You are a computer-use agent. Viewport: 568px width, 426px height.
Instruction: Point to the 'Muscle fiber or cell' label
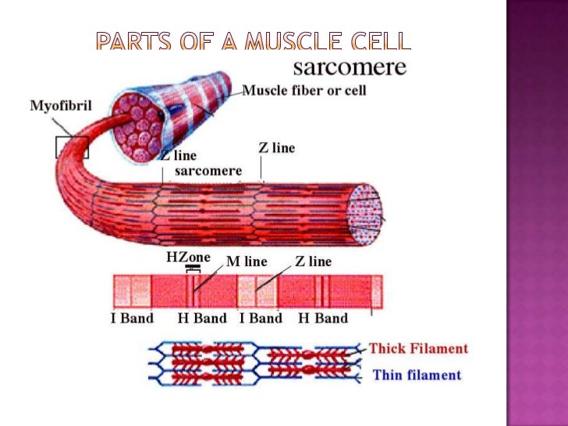pos(304,91)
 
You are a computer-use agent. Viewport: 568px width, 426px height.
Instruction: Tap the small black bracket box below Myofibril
pos(72,146)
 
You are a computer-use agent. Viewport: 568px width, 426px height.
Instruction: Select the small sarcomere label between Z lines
pos(208,170)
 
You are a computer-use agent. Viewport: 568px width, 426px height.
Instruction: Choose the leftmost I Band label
pos(131,318)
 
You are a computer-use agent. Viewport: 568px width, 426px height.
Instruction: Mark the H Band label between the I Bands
pos(202,318)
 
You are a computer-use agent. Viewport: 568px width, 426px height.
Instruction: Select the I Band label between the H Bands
pos(261,318)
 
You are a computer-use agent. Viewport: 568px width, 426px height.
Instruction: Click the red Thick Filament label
pos(418,349)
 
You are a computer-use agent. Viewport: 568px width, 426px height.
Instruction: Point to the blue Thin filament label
pos(417,375)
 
